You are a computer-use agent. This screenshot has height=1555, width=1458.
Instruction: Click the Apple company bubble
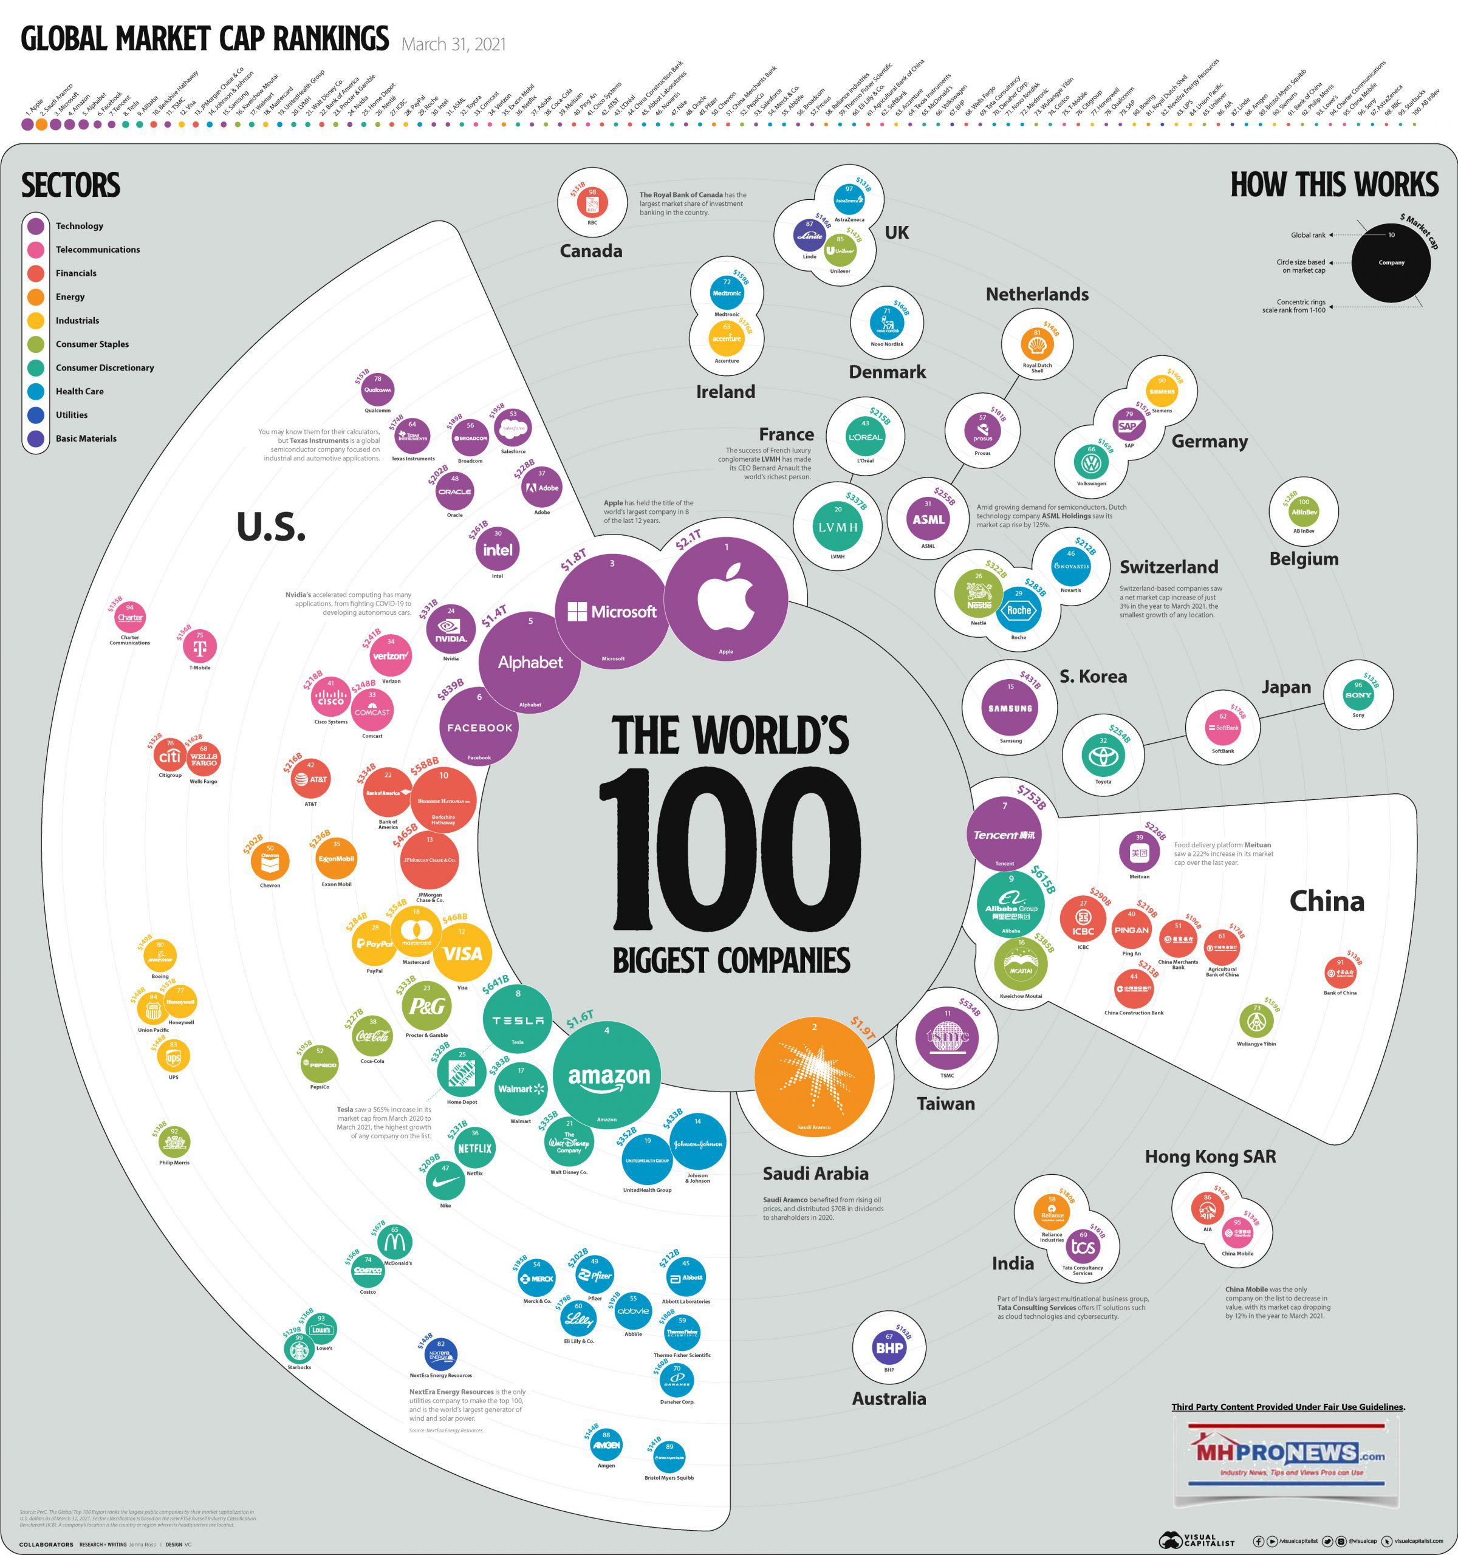pyautogui.click(x=726, y=600)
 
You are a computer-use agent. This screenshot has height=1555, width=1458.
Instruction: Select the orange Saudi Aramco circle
pyautogui.click(x=814, y=1076)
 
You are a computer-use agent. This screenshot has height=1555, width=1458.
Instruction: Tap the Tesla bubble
pyautogui.click(x=518, y=1019)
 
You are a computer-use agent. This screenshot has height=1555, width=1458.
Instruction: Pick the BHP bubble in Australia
pyautogui.click(x=889, y=1347)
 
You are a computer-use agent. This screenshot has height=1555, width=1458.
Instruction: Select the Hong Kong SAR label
pyautogui.click(x=1210, y=1156)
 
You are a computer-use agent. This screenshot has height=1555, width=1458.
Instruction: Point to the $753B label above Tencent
pyautogui.click(x=1031, y=797)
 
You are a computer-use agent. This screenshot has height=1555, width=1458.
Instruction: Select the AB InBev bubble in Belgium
pyautogui.click(x=1303, y=511)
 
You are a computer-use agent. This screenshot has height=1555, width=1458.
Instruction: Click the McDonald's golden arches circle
pyautogui.click(x=395, y=1240)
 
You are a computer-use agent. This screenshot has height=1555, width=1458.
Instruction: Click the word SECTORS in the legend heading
pyautogui.click(x=70, y=185)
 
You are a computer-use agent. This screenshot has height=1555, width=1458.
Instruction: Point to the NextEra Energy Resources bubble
pyautogui.click(x=440, y=1354)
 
